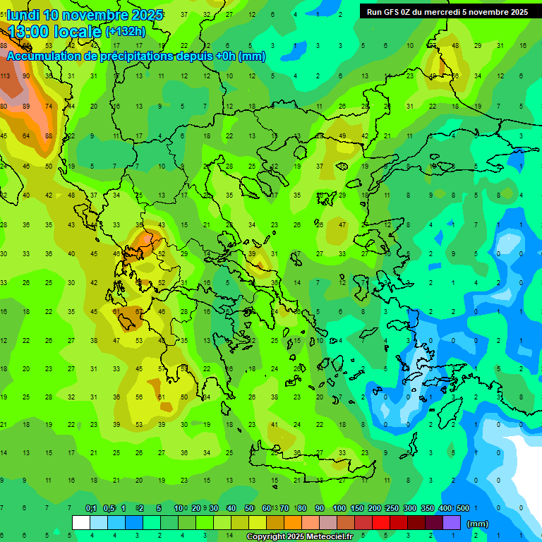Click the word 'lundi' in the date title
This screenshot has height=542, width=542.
pyautogui.click(x=23, y=15)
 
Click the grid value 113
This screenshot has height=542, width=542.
pyautogui.click(x=4, y=76)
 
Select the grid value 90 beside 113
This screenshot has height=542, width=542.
pyautogui.click(x=26, y=76)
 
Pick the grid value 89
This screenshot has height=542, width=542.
pyautogui.click(x=26, y=107)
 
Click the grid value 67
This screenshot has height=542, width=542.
pyautogui.click(x=139, y=311)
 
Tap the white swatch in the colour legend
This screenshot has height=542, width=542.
pyautogui.click(x=81, y=523)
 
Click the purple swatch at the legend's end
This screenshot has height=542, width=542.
pyautogui.click(x=452, y=523)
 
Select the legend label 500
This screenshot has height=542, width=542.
pyautogui.click(x=462, y=508)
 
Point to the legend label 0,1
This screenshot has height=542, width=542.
pyautogui.click(x=91, y=508)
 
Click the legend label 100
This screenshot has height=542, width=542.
pyautogui.click(x=339, y=508)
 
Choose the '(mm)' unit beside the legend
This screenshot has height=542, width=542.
pyautogui.click(x=478, y=524)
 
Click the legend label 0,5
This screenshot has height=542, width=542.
pyautogui.click(x=109, y=508)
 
